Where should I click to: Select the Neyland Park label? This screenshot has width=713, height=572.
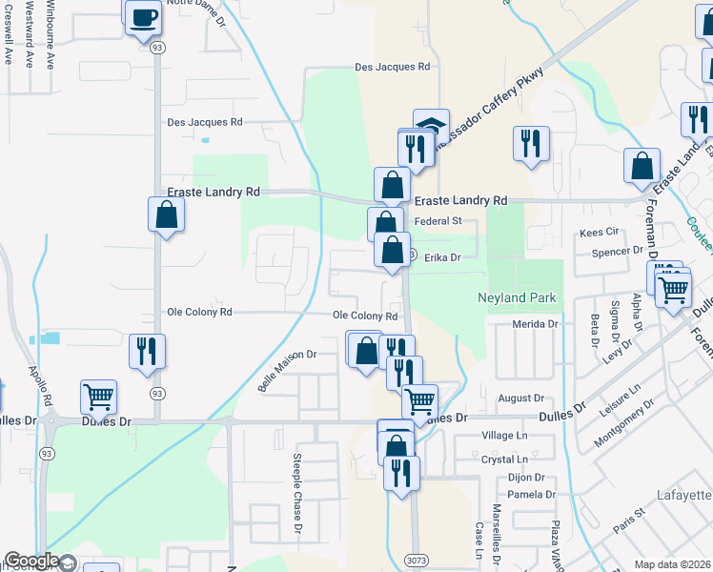pyautogui.click(x=516, y=298)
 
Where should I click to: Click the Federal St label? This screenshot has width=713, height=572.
pyautogui.click(x=444, y=221)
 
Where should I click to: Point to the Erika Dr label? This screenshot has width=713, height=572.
pyautogui.click(x=442, y=257)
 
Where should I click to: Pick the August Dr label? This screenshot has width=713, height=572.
pyautogui.click(x=519, y=398)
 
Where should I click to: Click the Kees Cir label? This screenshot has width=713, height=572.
pyautogui.click(x=600, y=233)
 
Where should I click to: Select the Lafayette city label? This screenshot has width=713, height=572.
pyautogui.click(x=684, y=496)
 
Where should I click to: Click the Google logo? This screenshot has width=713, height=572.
pyautogui.click(x=31, y=561)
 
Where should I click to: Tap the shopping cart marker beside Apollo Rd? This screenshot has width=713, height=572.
pyautogui.click(x=98, y=396)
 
